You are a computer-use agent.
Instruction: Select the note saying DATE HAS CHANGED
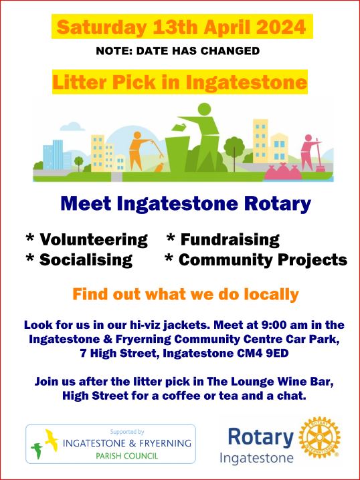click(x=198, y=51)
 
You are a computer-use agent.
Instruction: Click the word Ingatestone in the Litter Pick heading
click(x=246, y=82)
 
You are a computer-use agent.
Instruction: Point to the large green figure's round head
click(x=204, y=109)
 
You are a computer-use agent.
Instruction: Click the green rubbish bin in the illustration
click(x=178, y=154)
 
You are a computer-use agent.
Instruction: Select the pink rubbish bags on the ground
click(x=283, y=172)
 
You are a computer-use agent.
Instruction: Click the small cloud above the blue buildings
click(x=72, y=126)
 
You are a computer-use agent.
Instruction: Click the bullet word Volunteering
click(x=94, y=240)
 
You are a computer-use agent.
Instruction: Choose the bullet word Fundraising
click(x=230, y=240)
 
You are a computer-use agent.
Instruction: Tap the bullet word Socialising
click(x=86, y=260)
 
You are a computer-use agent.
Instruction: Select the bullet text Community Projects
click(x=263, y=260)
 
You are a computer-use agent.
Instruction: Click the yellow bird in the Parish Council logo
click(x=52, y=440)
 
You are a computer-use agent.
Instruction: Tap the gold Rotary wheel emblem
click(x=320, y=437)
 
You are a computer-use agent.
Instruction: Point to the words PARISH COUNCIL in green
click(x=127, y=456)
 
